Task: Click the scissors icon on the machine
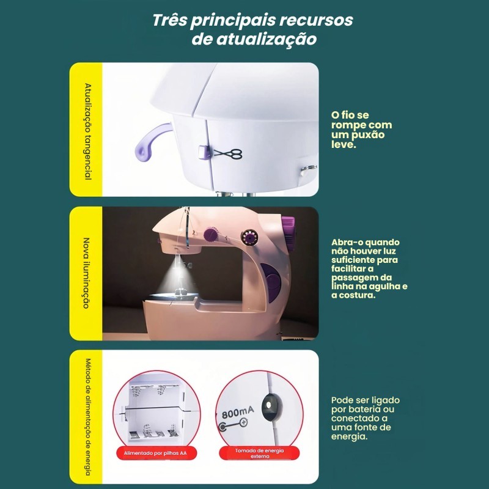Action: (x=227, y=154)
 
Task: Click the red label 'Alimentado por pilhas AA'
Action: (x=155, y=453)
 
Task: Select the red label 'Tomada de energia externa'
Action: (x=259, y=453)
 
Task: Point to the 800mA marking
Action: (x=238, y=412)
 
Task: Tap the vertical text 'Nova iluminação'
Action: (x=86, y=273)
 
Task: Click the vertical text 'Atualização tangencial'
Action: (x=88, y=131)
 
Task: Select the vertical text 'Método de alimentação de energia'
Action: (x=88, y=417)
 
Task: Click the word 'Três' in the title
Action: (x=170, y=20)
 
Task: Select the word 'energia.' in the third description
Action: (x=349, y=436)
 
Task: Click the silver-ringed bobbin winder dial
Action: (x=250, y=238)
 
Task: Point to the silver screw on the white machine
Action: (x=308, y=169)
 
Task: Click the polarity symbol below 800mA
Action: (x=233, y=425)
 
